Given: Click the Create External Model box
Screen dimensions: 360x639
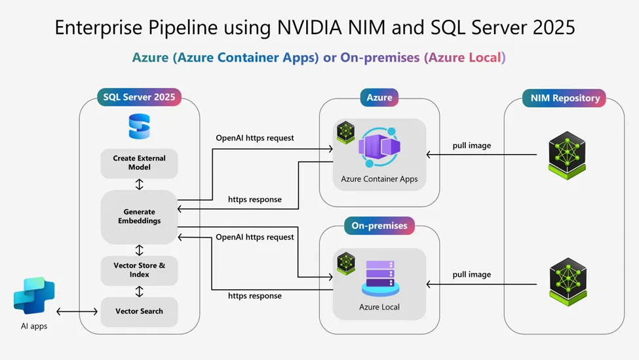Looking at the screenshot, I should tap(139, 163).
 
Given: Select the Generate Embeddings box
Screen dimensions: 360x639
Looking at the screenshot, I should tap(139, 216).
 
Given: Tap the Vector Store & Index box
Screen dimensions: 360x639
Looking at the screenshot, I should tap(139, 270).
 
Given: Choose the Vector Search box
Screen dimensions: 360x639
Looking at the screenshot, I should tap(139, 311).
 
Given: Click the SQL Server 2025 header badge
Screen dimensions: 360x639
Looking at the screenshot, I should tap(139, 97).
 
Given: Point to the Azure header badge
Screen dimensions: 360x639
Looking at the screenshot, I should tap(379, 97).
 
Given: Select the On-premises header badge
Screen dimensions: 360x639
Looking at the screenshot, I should tap(379, 226).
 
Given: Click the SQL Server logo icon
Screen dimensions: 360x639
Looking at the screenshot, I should tap(139, 127).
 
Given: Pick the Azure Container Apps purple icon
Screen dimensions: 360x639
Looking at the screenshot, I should tap(379, 149).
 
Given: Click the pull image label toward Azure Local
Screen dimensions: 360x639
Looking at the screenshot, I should tap(471, 274).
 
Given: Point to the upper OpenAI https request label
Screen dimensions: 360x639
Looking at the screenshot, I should tap(255, 138).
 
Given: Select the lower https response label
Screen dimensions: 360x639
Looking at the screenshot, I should tap(255, 296).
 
